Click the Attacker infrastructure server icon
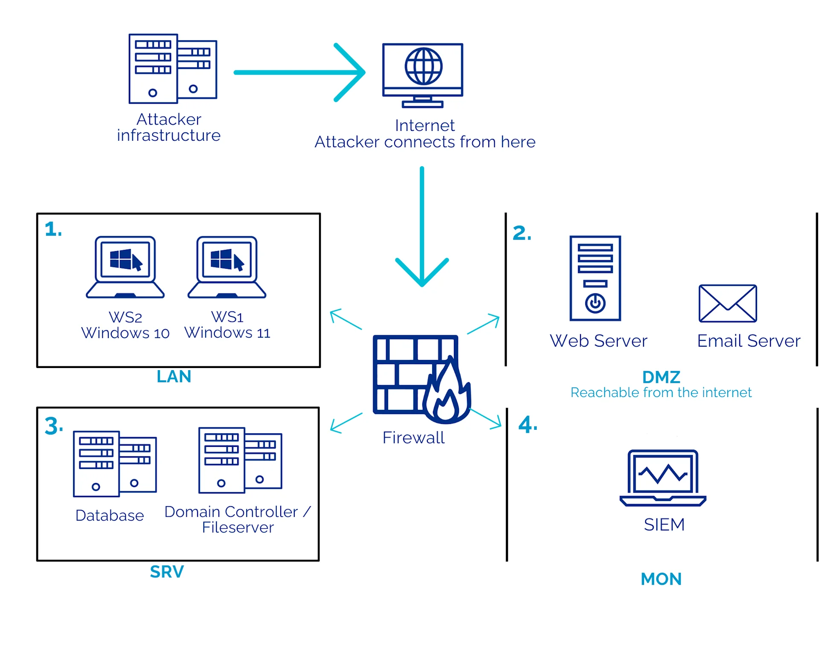pos(172,69)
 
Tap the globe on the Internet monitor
pos(423,66)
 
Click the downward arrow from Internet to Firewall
pos(422,226)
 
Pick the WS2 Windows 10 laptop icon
pos(125,267)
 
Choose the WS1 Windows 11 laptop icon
pos(227,267)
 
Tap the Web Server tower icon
pos(595,278)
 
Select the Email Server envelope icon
pos(727,303)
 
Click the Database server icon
pos(114,464)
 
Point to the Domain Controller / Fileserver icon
pos(240,460)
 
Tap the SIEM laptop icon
pos(662,478)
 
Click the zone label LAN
pos(174,377)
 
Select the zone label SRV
pos(167,572)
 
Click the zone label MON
pos(661,579)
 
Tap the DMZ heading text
pos(661,377)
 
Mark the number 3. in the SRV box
pos(54,426)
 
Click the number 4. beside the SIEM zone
pos(527,425)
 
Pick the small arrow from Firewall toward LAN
pos(346,319)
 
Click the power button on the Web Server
pos(595,303)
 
